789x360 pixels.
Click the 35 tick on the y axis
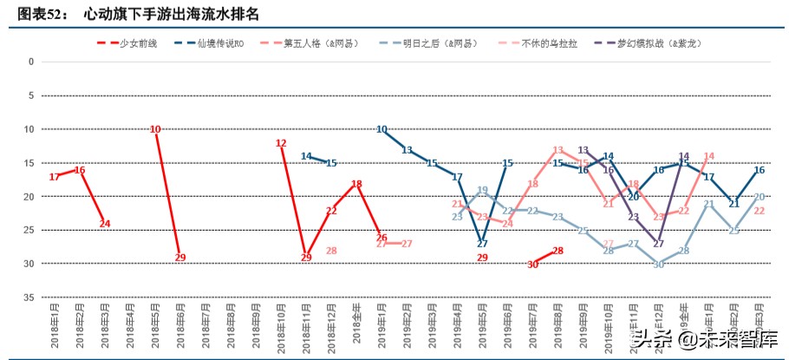pos(29,298)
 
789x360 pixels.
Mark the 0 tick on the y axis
pos(31,62)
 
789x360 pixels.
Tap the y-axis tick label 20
pos(29,197)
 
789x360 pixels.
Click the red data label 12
pos(281,143)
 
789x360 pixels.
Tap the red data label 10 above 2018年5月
pos(155,129)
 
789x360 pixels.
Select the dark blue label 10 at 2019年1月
pos(381,129)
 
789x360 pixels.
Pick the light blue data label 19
pos(483,190)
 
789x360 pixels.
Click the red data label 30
pos(533,265)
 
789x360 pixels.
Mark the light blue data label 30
pos(658,265)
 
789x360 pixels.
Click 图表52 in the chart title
pos(41,13)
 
